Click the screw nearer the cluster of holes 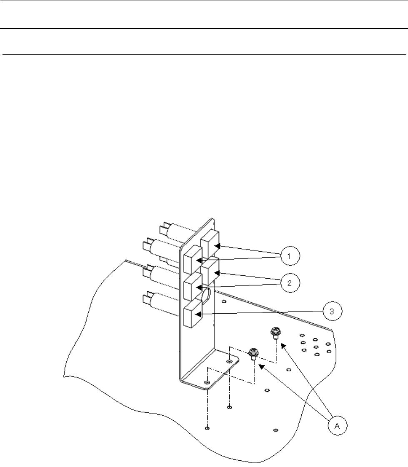(x=275, y=333)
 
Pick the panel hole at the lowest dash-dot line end (x=207, y=427)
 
